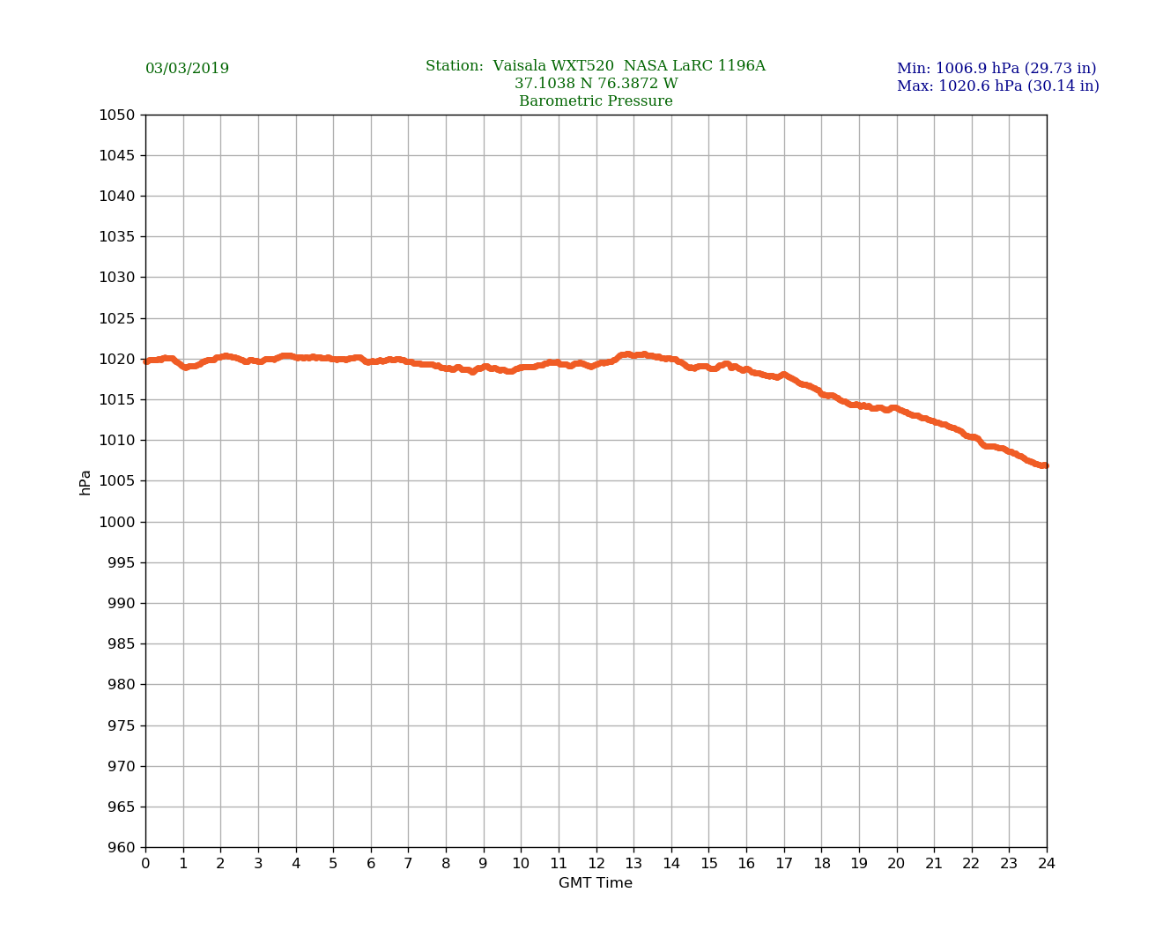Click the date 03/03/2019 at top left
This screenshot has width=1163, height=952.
(x=187, y=69)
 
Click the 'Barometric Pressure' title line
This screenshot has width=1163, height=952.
(x=596, y=101)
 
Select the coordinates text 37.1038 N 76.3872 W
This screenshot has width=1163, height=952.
(x=596, y=84)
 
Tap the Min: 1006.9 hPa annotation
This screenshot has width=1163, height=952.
(x=996, y=69)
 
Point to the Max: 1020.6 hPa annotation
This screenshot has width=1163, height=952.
(x=997, y=86)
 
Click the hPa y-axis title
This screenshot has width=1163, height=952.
(x=85, y=482)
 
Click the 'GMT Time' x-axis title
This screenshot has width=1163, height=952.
(x=596, y=883)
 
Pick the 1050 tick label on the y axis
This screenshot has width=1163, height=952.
(x=118, y=115)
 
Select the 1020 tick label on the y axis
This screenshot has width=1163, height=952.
(x=118, y=359)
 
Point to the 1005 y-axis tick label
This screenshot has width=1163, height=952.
(x=118, y=481)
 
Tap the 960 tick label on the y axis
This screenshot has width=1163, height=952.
(x=122, y=847)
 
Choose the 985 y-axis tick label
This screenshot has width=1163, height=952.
(x=122, y=643)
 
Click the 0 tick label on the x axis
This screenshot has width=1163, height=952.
(x=145, y=864)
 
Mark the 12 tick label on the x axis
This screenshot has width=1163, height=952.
(x=596, y=864)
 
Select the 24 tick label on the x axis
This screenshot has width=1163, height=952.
(x=1047, y=864)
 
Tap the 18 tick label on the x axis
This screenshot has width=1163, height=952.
(x=821, y=864)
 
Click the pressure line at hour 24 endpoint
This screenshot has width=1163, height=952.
(x=1045, y=465)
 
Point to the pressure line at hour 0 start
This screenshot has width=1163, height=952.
(x=146, y=361)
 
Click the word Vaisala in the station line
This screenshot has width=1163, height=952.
(x=520, y=66)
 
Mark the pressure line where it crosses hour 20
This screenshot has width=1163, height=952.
(x=897, y=408)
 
